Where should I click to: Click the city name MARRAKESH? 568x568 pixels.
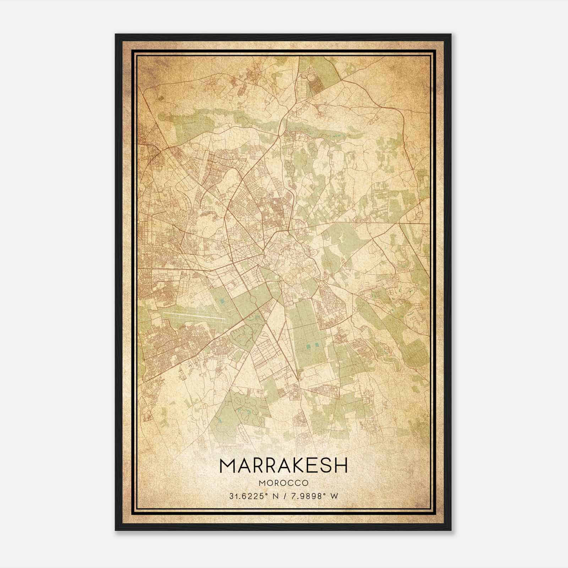point(284,465)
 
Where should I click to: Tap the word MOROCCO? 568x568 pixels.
point(284,483)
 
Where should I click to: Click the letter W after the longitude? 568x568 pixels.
point(334,496)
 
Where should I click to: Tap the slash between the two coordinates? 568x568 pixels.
point(285,496)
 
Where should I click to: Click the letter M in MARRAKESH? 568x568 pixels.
point(228,465)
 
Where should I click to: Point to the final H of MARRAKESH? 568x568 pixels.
point(340,465)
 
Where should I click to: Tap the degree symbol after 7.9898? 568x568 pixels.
point(326,494)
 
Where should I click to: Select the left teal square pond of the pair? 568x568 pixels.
point(307,345)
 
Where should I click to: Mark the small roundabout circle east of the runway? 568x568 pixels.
point(266,321)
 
